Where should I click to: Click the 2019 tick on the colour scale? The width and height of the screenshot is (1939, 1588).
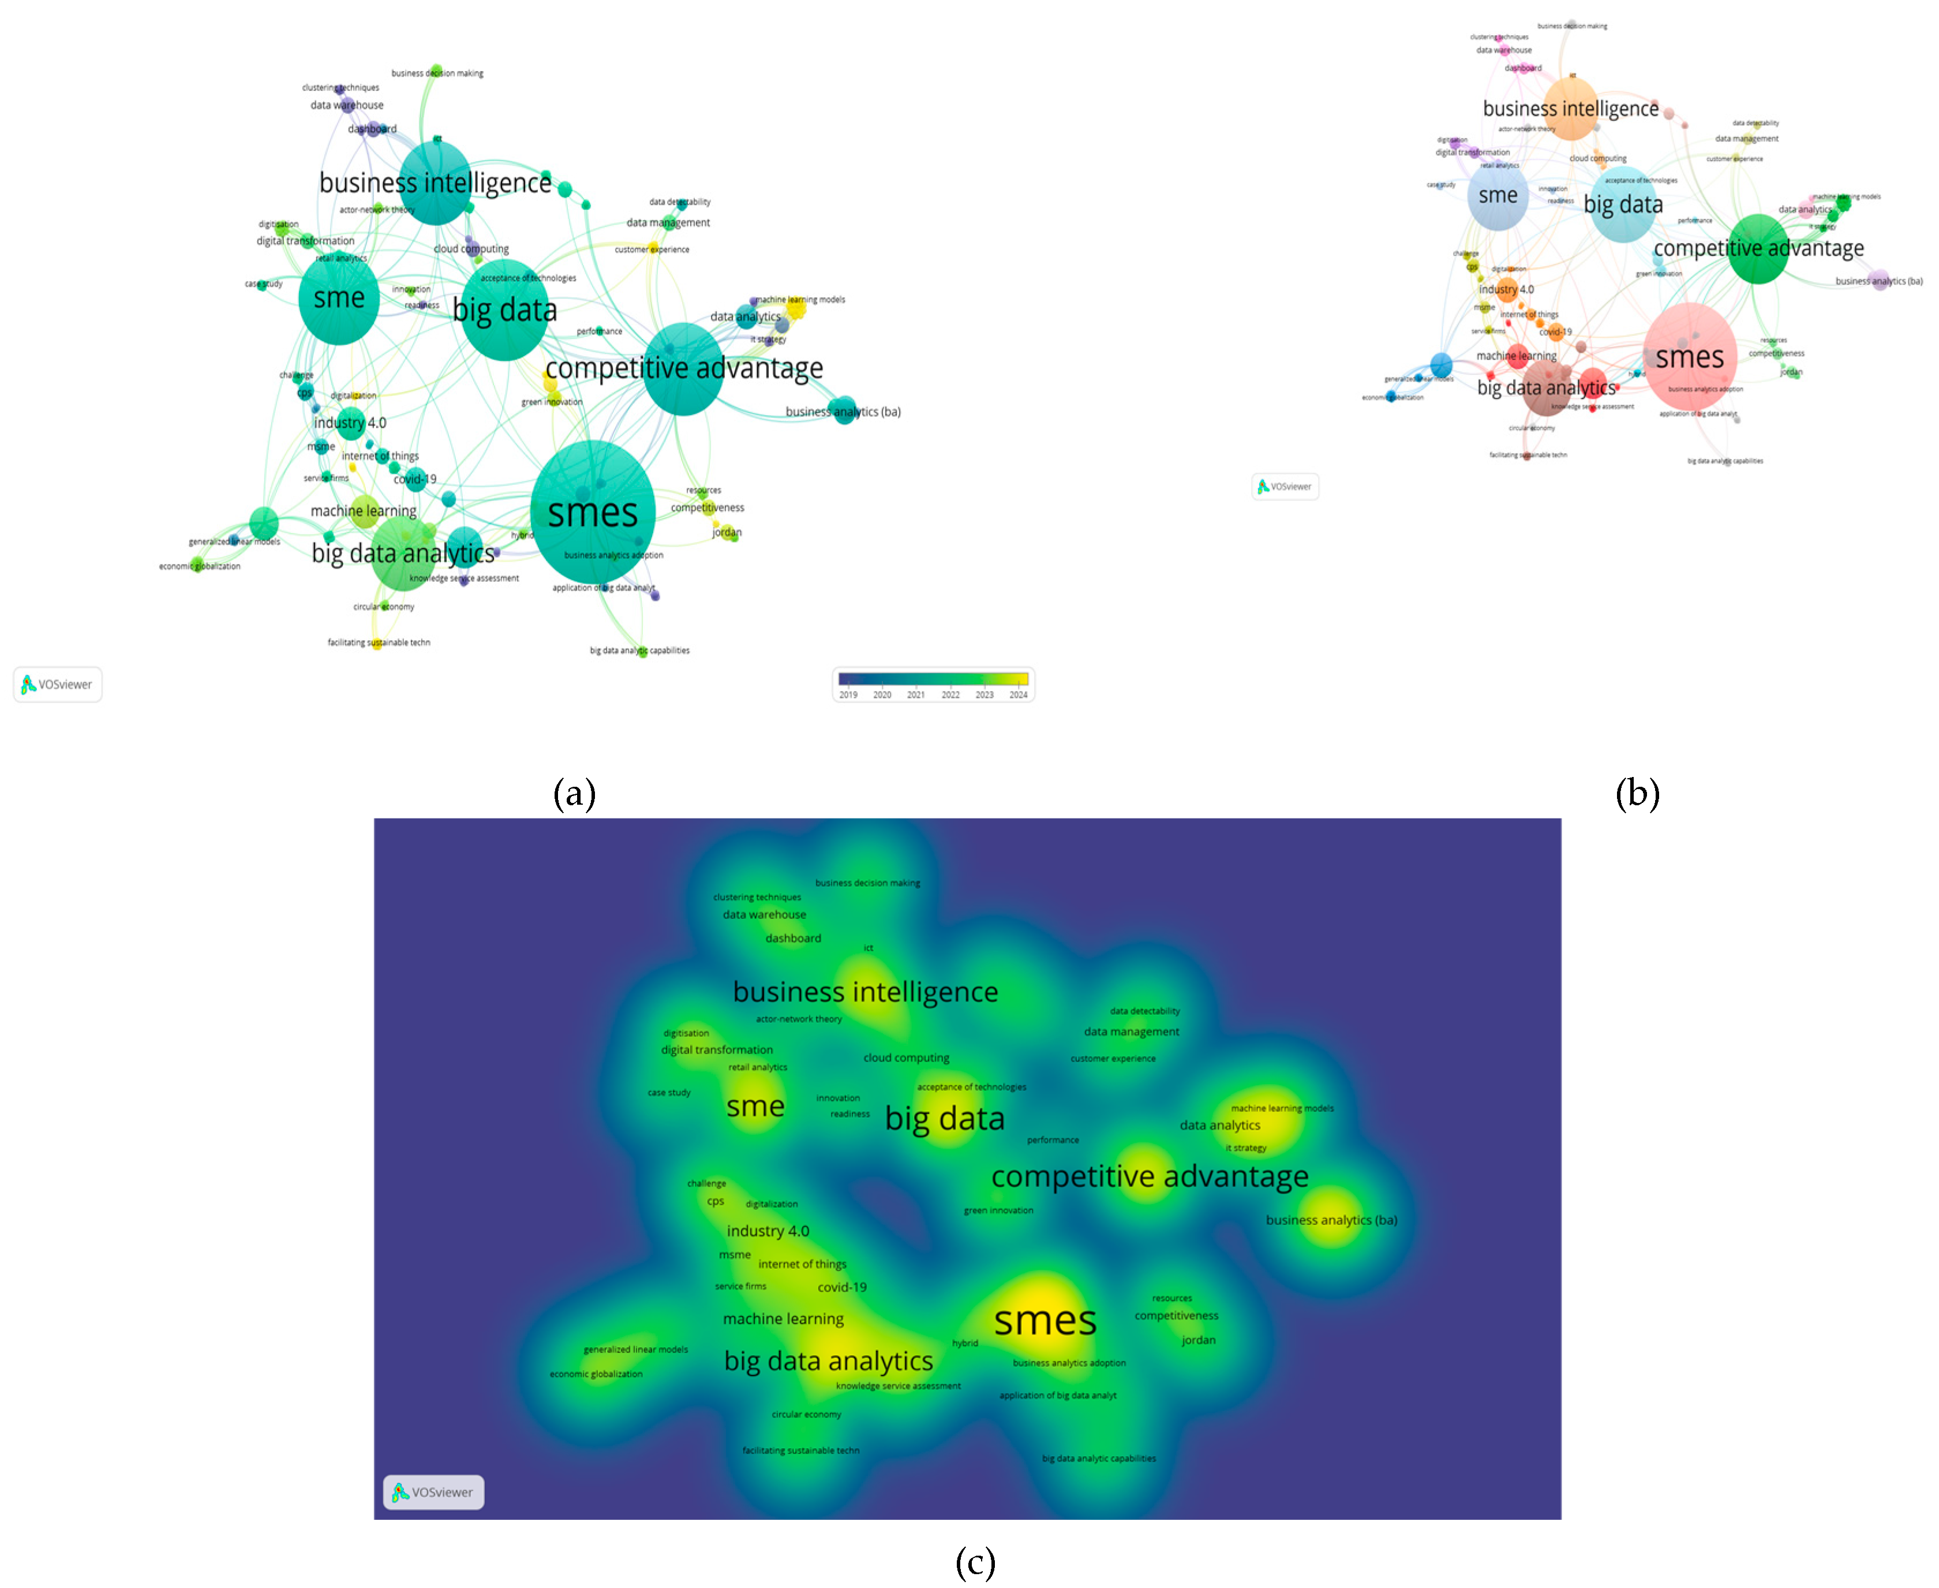[848, 694]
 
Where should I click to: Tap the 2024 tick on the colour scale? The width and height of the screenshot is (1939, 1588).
[1018, 694]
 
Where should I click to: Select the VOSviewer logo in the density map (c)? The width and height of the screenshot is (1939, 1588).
[433, 1492]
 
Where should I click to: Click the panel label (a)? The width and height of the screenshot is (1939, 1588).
[574, 793]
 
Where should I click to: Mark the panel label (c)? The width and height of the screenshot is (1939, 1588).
[975, 1563]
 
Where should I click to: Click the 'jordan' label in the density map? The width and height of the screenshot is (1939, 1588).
[1198, 1340]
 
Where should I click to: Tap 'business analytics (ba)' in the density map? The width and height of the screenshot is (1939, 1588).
[1331, 1220]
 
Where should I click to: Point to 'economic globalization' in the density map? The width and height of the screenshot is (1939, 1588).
[596, 1374]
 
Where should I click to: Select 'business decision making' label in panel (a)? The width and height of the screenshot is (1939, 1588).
[437, 73]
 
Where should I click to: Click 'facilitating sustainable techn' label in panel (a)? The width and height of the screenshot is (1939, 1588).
[379, 642]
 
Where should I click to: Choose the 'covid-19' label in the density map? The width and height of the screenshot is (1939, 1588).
[841, 1287]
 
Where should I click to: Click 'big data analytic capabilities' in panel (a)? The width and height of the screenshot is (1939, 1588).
[639, 651]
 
